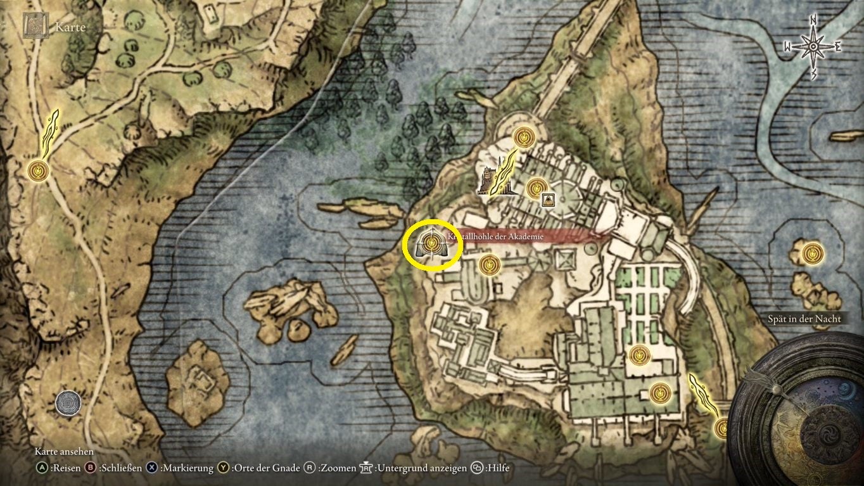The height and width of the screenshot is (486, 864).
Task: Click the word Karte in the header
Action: tap(70, 27)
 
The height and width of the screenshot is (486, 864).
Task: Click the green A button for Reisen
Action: tap(42, 468)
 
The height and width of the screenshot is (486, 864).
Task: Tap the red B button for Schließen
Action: tap(90, 468)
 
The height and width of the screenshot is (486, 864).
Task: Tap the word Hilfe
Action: tap(497, 468)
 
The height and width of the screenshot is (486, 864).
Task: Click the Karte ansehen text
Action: tap(64, 452)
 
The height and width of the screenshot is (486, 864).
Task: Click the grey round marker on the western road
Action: tap(67, 403)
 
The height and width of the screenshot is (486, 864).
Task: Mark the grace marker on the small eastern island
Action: tap(810, 253)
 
